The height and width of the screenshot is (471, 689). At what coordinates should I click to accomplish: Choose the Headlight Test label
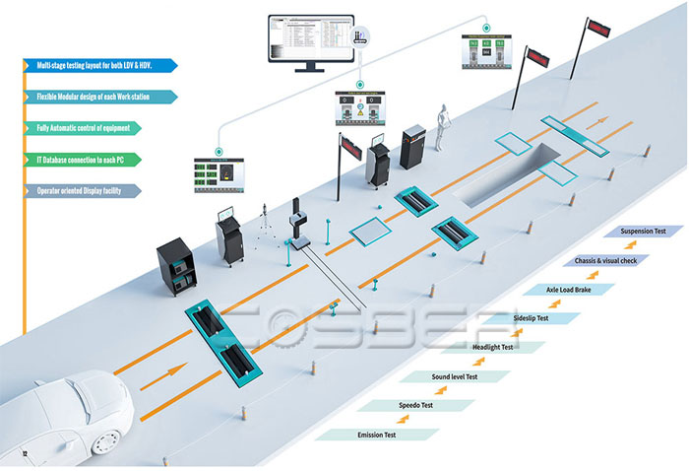tap(493, 347)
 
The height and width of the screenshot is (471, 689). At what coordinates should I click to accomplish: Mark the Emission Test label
tap(376, 435)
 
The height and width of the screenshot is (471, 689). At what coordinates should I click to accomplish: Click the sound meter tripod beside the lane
tap(264, 228)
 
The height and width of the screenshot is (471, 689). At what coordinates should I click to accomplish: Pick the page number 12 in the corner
tap(26, 454)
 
